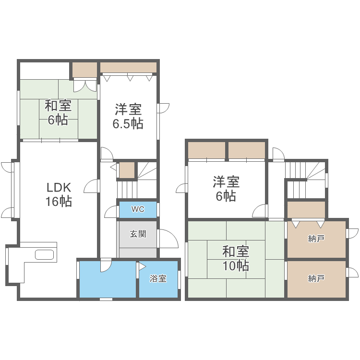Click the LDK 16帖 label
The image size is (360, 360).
59,194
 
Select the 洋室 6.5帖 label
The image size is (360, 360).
128,116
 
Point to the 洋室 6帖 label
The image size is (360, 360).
226,189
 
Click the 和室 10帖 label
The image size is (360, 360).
235,258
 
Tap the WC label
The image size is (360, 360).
138,209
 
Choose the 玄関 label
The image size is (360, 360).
138,234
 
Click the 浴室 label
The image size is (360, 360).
158,278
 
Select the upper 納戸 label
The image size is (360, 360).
316,239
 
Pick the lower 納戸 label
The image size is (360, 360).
316,278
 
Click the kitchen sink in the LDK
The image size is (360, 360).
45,254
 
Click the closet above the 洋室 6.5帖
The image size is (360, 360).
128,67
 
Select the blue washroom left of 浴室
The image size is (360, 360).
108,279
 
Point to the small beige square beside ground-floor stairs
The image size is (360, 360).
127,170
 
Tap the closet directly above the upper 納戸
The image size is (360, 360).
306,209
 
